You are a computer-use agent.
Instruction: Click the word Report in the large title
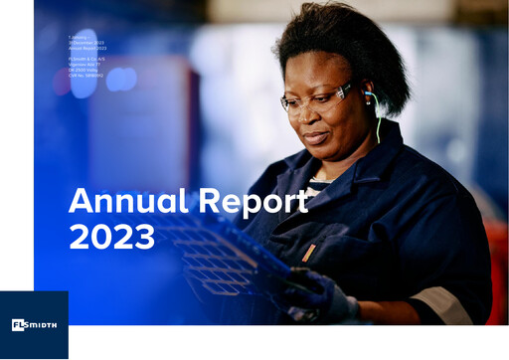[254, 202]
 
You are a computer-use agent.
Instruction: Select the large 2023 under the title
[111, 237]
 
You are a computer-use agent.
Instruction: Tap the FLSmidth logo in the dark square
[34, 325]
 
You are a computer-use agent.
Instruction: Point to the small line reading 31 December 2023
[86, 42]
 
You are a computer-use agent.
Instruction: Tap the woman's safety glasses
[316, 97]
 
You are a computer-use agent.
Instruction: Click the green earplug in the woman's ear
[370, 95]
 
